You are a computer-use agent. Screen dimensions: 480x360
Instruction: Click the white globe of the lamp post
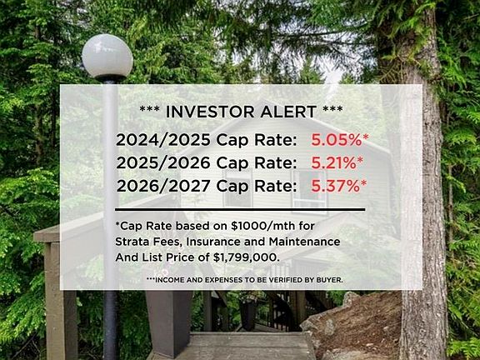pos(107,57)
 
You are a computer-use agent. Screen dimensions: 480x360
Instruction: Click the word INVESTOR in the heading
pos(210,112)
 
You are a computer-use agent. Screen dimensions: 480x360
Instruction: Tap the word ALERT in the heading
pos(288,112)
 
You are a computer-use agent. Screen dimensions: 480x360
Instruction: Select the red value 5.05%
pos(337,140)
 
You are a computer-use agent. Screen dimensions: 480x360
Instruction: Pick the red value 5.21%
pos(333,162)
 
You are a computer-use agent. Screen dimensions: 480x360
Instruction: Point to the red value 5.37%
pos(336,186)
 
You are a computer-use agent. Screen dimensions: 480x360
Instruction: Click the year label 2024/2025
pos(163,140)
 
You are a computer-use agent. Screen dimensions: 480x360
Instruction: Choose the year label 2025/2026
pos(163,162)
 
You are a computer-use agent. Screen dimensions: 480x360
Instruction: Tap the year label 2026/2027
pos(163,186)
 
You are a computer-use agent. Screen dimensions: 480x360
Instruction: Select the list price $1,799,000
pos(247,257)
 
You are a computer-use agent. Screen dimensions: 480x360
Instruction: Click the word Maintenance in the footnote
pos(305,242)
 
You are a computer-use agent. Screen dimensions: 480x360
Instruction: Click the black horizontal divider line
pos(240,210)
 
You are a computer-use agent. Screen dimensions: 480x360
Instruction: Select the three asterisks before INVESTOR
pos(149,108)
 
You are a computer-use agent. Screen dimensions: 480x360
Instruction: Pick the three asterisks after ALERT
pos(332,108)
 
